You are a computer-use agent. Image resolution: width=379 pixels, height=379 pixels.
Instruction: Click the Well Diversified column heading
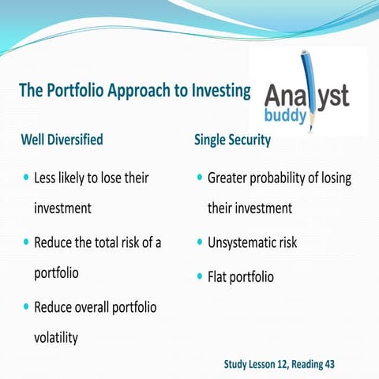(x=73, y=140)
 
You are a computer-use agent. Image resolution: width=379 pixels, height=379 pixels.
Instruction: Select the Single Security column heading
(x=232, y=140)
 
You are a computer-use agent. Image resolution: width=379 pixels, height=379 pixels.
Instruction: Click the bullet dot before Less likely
(x=26, y=178)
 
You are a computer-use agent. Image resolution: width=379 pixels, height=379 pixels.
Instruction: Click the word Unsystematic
(x=240, y=243)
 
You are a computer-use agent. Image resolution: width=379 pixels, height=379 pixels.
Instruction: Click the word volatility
(x=55, y=337)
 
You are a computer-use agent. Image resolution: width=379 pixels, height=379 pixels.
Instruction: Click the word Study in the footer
(x=236, y=364)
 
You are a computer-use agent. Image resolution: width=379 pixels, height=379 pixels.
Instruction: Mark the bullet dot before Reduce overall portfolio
(x=26, y=307)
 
